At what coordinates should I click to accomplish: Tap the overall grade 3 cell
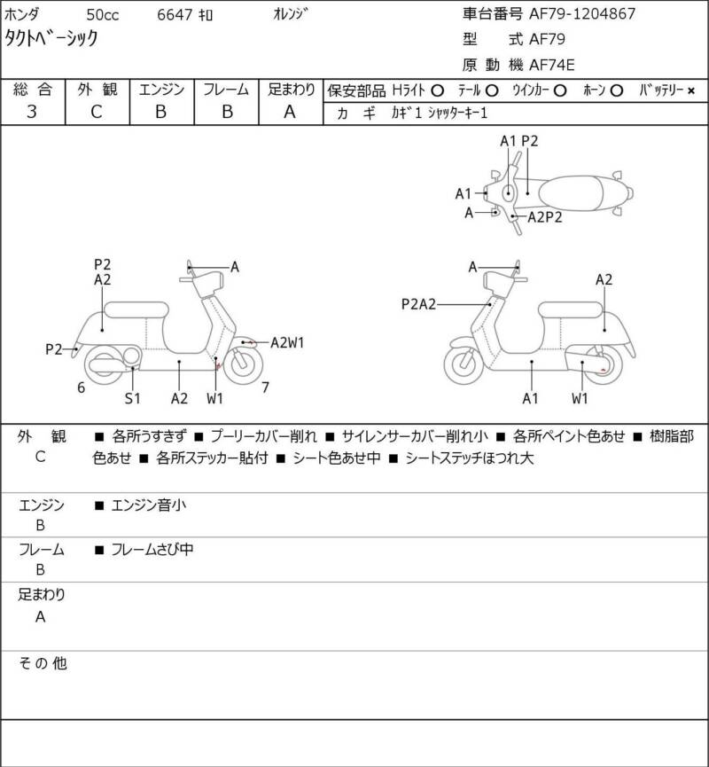[x=32, y=112]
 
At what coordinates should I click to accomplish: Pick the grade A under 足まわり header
[x=289, y=112]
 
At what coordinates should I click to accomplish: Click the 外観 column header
[x=97, y=89]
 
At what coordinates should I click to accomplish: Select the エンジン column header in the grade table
[x=160, y=89]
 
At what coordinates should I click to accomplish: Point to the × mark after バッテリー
[x=691, y=90]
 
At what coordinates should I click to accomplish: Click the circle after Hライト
[x=438, y=90]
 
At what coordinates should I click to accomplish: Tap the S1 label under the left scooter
[x=132, y=398]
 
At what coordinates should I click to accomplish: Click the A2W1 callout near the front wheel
[x=288, y=342]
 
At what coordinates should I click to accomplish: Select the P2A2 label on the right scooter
[x=418, y=304]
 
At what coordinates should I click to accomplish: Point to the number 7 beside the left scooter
[x=265, y=387]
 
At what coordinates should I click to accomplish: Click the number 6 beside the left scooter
[x=81, y=387]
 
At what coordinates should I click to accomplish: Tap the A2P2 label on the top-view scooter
[x=545, y=216]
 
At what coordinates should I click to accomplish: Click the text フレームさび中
[x=152, y=550]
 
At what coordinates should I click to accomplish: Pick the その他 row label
[x=43, y=662]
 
